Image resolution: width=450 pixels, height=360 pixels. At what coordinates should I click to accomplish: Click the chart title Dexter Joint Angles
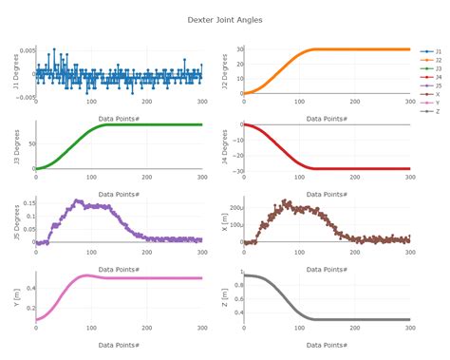225,19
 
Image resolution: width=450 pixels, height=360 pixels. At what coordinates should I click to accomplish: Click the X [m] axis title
224,222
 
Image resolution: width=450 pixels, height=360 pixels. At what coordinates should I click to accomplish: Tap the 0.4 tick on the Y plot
28,287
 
